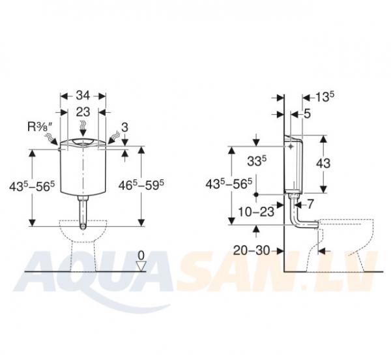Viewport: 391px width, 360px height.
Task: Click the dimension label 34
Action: pyautogui.click(x=83, y=96)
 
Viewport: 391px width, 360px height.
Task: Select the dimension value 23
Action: pyautogui.click(x=83, y=112)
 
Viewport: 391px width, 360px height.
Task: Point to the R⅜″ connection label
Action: pyautogui.click(x=40, y=127)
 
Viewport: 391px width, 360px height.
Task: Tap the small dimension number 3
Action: pyautogui.click(x=124, y=127)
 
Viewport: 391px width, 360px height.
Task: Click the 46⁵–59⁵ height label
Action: pyautogui.click(x=141, y=185)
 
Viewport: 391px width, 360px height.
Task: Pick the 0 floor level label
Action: pyautogui.click(x=141, y=256)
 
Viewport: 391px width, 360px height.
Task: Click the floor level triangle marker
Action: pyautogui.click(x=141, y=266)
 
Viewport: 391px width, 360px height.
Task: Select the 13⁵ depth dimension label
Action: pyautogui.click(x=325, y=97)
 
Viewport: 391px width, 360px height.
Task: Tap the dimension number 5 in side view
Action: pyautogui.click(x=308, y=113)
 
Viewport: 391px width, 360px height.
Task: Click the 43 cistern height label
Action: pyautogui.click(x=323, y=164)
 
